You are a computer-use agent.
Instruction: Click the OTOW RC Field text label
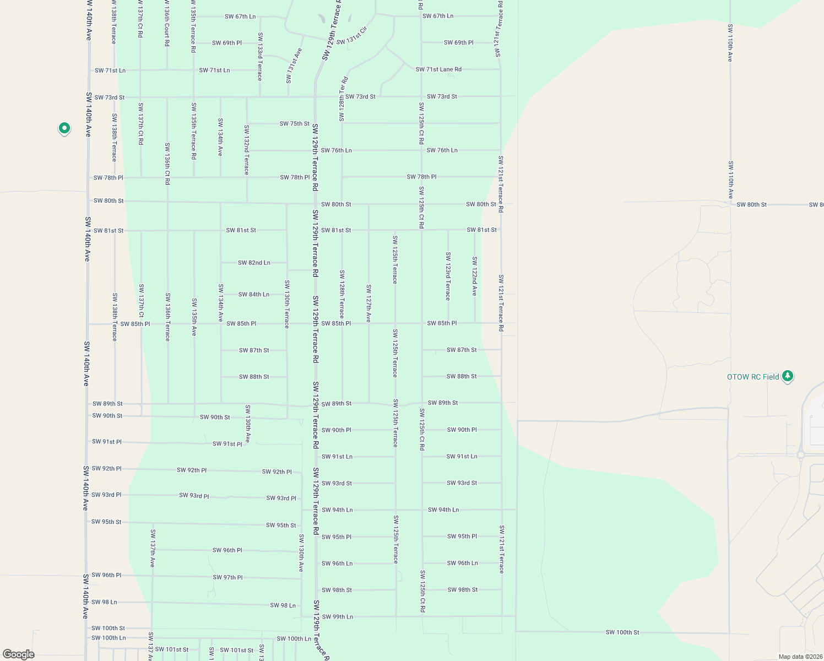pos(753,377)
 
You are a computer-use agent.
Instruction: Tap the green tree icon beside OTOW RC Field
pos(788,376)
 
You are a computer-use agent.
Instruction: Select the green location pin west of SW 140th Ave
pos(64,129)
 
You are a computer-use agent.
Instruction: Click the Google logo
pos(18,654)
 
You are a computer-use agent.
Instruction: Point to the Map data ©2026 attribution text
pos(800,657)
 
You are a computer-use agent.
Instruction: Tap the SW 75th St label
pos(294,123)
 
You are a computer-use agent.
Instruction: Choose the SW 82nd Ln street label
pos(254,263)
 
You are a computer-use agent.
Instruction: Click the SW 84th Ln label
pos(254,294)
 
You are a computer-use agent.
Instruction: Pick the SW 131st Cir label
pos(351,36)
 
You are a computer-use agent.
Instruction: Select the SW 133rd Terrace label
pos(260,56)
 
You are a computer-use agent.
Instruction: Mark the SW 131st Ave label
pos(294,66)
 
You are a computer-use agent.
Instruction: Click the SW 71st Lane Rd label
pos(438,69)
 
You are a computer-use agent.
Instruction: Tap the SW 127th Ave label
pos(368,303)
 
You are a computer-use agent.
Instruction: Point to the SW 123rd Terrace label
pos(448,276)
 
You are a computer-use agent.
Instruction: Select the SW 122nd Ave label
pos(474,276)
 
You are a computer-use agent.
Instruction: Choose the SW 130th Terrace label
pos(287,304)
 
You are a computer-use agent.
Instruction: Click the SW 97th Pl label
pos(227,577)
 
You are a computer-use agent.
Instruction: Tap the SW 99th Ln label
pos(337,617)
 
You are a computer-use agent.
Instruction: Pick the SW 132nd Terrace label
pos(247,150)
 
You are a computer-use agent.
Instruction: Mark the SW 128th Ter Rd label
pos(343,99)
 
